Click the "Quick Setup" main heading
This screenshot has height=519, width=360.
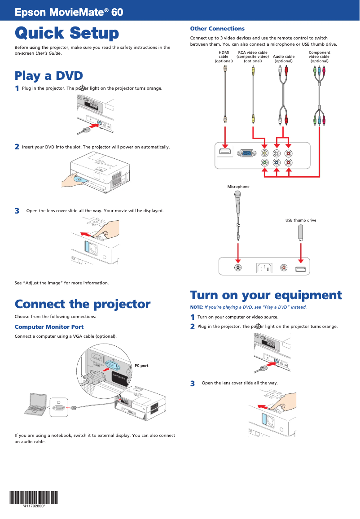(x=67, y=33)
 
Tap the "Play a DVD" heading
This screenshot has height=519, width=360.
(x=48, y=75)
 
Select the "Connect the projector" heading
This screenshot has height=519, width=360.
(x=83, y=304)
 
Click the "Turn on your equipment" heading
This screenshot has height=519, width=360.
(x=266, y=295)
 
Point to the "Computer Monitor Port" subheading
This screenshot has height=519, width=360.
(x=49, y=327)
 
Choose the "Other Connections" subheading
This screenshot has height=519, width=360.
(x=217, y=29)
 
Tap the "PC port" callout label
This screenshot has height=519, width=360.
(x=141, y=366)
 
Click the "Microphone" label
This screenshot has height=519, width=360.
(x=238, y=187)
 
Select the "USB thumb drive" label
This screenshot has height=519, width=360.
(x=301, y=220)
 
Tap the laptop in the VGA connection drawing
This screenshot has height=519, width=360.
(x=36, y=404)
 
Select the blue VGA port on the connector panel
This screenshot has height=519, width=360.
(x=247, y=153)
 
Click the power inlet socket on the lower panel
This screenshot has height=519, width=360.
(x=264, y=268)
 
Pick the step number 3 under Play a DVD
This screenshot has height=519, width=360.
(x=17, y=211)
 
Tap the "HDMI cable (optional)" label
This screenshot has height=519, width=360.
(x=224, y=57)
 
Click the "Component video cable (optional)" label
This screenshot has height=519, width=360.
(x=319, y=57)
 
